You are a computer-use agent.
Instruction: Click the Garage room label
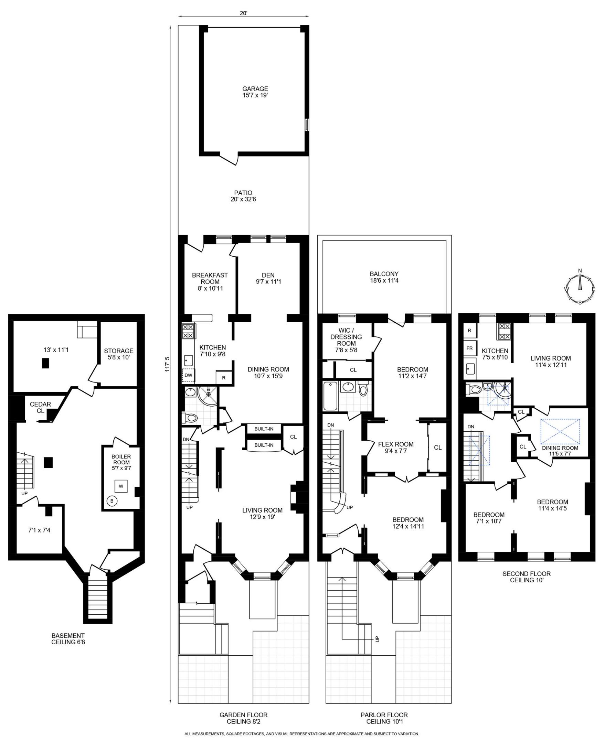click(255, 92)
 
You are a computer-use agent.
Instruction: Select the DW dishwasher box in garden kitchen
click(188, 376)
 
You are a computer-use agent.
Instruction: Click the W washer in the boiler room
click(121, 486)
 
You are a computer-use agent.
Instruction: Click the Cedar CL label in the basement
click(40, 407)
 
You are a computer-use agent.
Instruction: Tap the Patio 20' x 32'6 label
click(243, 196)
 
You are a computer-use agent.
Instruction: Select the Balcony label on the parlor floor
click(384, 277)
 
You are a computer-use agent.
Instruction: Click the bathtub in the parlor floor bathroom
click(330, 396)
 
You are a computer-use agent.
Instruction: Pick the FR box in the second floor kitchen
click(470, 348)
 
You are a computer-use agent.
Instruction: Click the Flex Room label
click(395, 448)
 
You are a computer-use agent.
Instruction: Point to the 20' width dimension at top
click(243, 13)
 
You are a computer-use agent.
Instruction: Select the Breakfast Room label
click(210, 282)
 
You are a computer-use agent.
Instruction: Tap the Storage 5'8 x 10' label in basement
click(118, 354)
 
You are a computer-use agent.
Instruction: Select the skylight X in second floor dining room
click(560, 431)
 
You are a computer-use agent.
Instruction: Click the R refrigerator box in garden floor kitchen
click(224, 378)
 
